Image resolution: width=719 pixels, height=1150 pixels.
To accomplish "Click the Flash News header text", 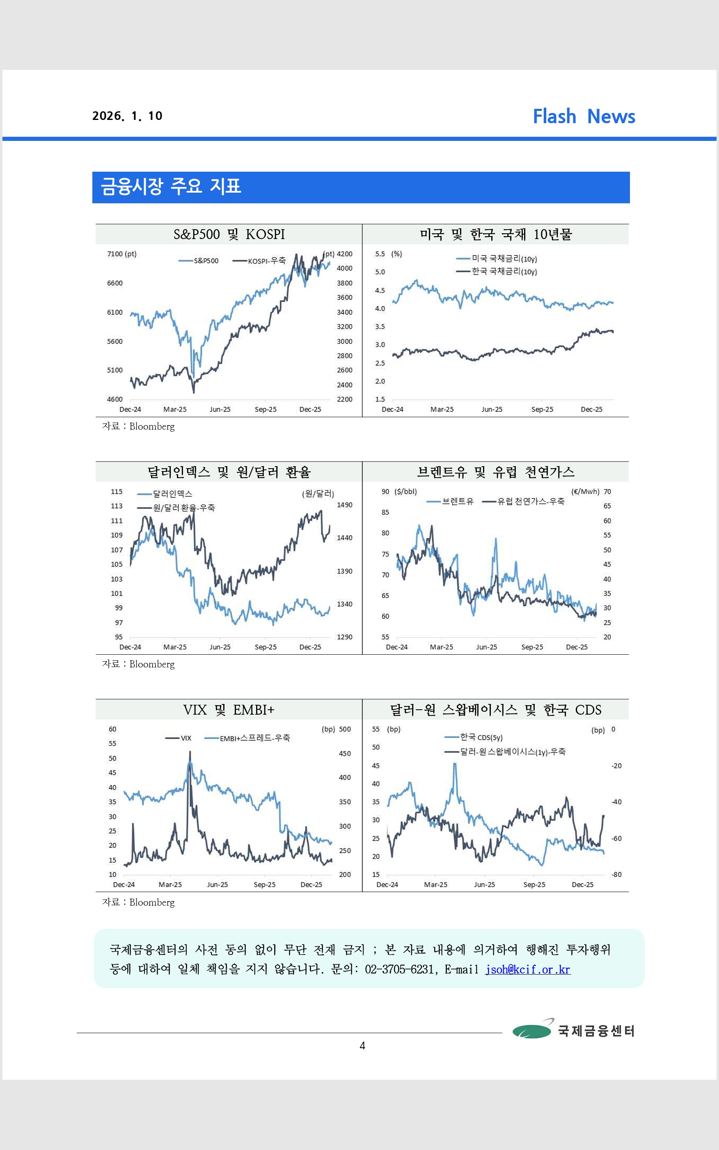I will click(584, 117).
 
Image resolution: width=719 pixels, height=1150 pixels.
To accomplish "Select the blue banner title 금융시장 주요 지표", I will click(171, 186).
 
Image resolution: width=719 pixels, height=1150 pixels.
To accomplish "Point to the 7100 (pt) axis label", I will click(122, 254).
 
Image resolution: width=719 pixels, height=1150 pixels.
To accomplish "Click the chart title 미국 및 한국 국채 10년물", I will click(495, 235).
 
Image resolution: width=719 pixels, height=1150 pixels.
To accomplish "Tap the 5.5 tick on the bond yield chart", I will click(380, 254).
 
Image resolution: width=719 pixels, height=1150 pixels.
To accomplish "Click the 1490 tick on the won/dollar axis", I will click(344, 505).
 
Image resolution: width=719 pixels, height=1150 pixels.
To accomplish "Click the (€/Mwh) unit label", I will click(585, 492).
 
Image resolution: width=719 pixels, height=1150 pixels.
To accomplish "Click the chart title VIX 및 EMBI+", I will click(229, 710).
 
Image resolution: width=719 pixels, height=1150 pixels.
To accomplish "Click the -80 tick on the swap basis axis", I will click(616, 874).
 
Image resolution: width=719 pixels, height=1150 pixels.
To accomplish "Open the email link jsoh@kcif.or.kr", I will click(527, 970).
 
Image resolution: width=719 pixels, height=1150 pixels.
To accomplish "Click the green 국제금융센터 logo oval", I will click(531, 1031).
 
